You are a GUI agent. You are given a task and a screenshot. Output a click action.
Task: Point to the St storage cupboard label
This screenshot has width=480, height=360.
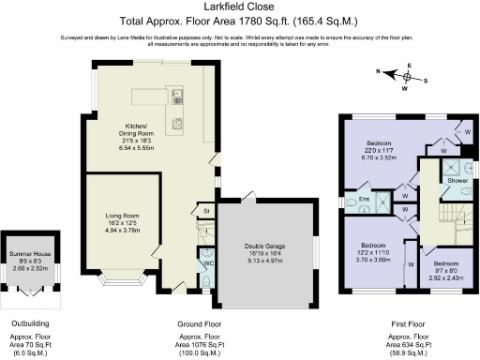(206, 213)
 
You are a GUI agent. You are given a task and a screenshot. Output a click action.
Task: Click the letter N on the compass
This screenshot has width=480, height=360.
(379, 71)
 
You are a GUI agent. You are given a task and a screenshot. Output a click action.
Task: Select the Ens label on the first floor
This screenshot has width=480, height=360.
(361, 201)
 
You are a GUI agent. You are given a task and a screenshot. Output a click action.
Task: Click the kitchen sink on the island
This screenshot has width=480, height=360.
(176, 94)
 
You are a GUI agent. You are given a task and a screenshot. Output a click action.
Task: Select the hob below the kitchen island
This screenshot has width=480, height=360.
(175, 122)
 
